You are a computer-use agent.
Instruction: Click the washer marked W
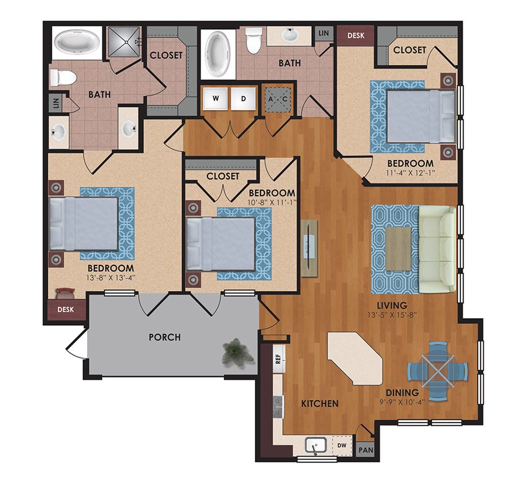[x=215, y=98]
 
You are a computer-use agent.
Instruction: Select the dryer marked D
[x=243, y=98]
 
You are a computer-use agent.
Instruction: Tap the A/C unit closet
[x=278, y=99]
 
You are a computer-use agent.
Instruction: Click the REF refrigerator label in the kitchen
[x=278, y=359]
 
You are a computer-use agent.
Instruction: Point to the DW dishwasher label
[x=341, y=444]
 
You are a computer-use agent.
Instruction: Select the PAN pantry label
[x=365, y=450]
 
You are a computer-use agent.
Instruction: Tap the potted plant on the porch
[x=238, y=350]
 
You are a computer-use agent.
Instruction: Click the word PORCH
[x=165, y=337]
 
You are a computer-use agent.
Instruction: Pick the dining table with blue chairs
[x=438, y=370]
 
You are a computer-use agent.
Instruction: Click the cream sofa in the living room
[x=438, y=248]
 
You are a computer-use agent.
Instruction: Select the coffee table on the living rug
[x=399, y=248]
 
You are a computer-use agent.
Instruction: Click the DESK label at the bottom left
[x=65, y=310]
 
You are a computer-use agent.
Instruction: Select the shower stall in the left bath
[x=125, y=40]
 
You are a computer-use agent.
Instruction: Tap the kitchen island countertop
[x=355, y=359]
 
